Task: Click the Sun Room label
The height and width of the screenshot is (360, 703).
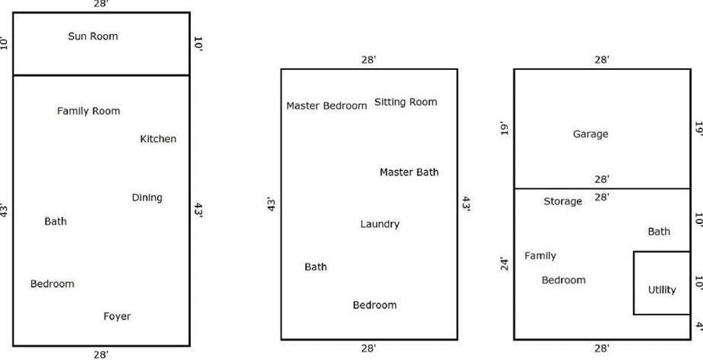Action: point(93,36)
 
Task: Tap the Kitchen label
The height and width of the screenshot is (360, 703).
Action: point(158,139)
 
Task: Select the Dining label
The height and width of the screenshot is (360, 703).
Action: point(147,197)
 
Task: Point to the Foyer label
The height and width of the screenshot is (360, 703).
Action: point(117,316)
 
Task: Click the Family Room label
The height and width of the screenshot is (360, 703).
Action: point(88,111)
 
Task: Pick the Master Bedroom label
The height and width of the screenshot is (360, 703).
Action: point(326,106)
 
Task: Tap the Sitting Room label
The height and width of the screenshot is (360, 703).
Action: point(406,103)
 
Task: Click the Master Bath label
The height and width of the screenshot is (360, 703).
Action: point(409,172)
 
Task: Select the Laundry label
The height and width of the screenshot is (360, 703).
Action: point(379,224)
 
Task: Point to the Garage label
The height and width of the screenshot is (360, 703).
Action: point(591,134)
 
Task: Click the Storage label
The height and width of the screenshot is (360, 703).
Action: point(563,201)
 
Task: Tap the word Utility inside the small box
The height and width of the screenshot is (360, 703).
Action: point(661,289)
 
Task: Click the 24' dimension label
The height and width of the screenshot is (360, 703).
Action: point(502,265)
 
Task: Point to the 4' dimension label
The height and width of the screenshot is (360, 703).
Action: point(698,325)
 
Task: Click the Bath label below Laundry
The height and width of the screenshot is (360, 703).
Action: point(315,267)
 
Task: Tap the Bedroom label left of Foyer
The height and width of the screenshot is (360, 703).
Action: point(52,284)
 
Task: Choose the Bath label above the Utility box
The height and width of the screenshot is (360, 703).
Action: point(659,232)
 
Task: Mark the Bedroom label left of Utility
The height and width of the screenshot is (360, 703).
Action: point(563,280)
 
